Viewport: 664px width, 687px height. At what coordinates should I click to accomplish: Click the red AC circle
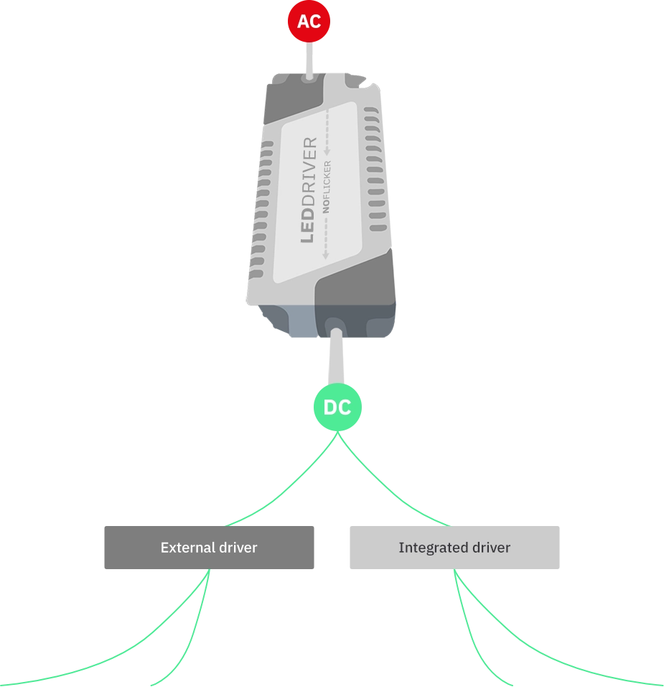click(x=309, y=22)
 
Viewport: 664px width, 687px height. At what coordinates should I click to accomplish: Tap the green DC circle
click(x=337, y=407)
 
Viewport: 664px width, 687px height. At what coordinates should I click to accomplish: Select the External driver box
click(x=209, y=547)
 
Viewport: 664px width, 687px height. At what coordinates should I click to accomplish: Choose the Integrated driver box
click(x=454, y=547)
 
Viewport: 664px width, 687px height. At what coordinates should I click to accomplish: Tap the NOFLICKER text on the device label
click(x=327, y=186)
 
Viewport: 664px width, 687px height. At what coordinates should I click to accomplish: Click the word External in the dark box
click(x=182, y=548)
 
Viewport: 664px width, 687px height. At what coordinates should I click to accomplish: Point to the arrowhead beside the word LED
click(x=325, y=254)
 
